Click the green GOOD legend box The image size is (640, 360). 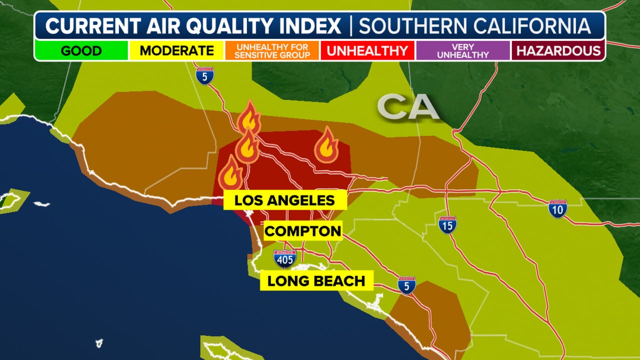point(81,50)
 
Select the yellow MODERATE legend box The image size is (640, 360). point(176,50)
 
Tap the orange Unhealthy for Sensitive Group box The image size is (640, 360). point(272,50)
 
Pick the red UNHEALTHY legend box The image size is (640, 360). point(367,50)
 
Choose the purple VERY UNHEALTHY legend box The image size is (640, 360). point(463,50)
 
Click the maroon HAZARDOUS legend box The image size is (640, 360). point(558,50)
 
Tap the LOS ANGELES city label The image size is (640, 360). point(284,200)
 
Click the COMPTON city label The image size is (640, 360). point(302,230)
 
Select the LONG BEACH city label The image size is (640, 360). point(316,280)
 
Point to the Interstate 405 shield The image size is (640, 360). point(285,258)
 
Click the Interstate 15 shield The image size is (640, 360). point(447,224)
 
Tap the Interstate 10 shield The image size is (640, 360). point(557,208)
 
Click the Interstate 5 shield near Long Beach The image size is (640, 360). point(406,285)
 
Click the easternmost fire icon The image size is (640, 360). point(326,145)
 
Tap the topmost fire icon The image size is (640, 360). point(248,118)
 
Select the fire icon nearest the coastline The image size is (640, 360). point(230,173)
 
